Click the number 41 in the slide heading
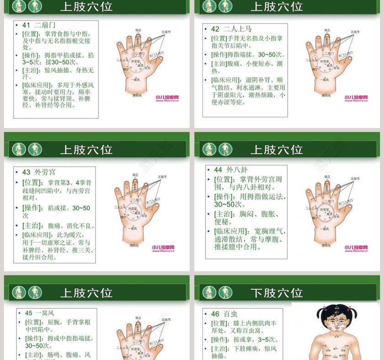26,25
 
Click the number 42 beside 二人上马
215,29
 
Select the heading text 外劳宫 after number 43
45,172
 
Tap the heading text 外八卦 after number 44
237,169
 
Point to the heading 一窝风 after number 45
45,313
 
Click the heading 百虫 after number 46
230,314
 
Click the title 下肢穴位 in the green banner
276,292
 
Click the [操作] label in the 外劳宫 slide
31,208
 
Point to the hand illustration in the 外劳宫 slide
135,210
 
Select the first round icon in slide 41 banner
19,6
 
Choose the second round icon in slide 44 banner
225,149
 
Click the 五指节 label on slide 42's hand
355,32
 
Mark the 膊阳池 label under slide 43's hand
134,245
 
